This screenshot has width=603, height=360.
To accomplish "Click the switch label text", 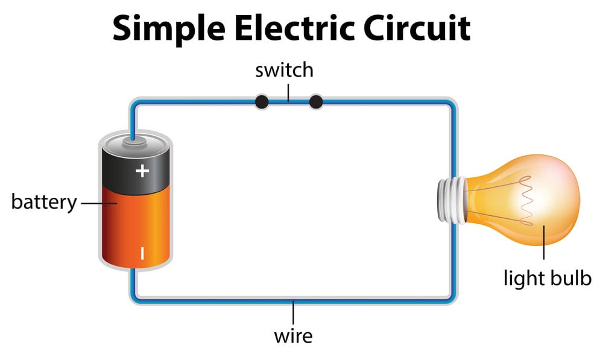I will click(x=285, y=71).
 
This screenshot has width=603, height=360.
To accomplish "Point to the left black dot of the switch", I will click(x=262, y=102).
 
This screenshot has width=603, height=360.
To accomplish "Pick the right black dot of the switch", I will click(x=316, y=102).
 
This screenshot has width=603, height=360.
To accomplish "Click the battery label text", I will click(x=44, y=202).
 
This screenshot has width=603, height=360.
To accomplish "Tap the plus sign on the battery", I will click(x=142, y=171).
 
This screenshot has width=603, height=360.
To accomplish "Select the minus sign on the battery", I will click(x=142, y=253).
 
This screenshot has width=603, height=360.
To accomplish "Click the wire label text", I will click(x=293, y=335).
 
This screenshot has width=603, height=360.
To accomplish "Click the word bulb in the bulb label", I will click(x=570, y=279).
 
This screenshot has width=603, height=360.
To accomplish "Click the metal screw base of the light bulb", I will click(x=450, y=200).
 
